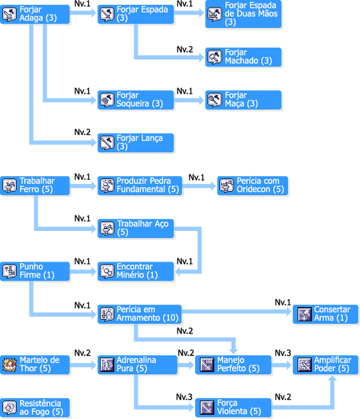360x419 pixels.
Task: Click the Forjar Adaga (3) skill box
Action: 35,14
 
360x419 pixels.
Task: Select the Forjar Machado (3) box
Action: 243,57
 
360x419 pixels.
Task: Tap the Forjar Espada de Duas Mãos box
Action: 243,14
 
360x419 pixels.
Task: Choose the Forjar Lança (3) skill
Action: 136,143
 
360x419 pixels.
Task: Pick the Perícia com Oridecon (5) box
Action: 252,185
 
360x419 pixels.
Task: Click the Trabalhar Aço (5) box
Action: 136,228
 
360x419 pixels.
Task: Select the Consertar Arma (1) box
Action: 326,314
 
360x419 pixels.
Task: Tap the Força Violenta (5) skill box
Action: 233,408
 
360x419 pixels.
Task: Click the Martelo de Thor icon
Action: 9,364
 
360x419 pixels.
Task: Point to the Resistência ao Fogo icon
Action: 9,408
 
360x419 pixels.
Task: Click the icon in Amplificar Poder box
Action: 305,364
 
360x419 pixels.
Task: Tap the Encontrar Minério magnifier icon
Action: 107,271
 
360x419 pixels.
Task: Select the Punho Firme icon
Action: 9,271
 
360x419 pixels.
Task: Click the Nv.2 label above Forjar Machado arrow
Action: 185,50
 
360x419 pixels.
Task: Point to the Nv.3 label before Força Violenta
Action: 184,397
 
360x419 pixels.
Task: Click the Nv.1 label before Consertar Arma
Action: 283,302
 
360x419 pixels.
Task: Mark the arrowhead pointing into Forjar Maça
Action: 201,100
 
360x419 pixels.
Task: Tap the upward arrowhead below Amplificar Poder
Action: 332,379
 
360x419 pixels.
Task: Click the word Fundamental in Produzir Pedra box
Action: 141,190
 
